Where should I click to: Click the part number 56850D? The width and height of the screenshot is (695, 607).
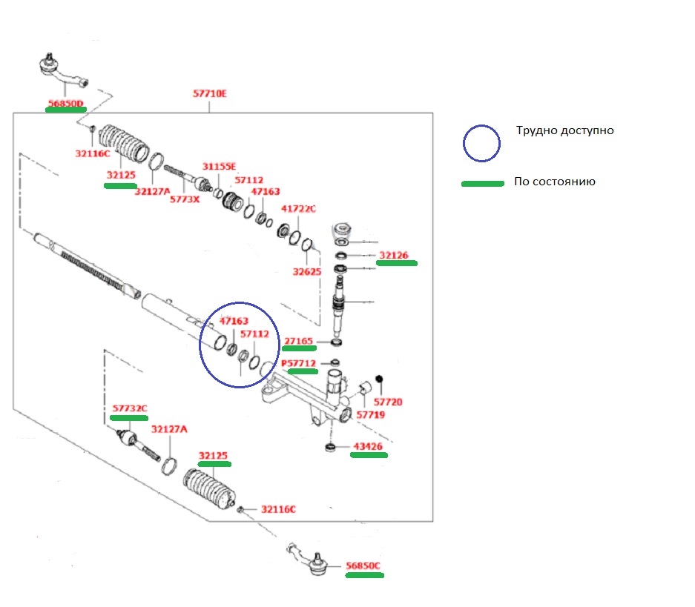coord(65,102)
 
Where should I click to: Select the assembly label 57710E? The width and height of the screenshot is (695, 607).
coord(209,94)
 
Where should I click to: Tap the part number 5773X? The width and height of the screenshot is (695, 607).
coord(185,199)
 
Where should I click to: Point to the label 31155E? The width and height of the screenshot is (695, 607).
coord(219,167)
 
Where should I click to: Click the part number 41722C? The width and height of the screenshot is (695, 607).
coord(298,209)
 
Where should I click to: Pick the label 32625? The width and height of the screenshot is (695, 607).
coord(306,272)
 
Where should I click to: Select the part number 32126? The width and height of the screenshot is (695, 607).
coord(394,256)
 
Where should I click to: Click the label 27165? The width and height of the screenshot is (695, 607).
coord(300,342)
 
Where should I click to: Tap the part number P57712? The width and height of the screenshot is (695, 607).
coord(298,364)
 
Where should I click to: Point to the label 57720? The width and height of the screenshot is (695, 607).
coord(389,402)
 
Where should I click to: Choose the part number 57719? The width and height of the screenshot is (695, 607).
coord(370,415)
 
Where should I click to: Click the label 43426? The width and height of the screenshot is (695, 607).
coord(368,447)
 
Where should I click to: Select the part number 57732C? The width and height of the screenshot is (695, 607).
coord(130,408)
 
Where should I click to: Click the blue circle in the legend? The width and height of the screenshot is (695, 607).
coord(481,142)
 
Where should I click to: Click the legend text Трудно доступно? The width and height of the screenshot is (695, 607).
coord(565,130)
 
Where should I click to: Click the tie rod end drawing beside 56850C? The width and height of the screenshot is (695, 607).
coord(309,560)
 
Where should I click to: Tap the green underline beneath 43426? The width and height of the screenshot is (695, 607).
coord(369,457)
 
